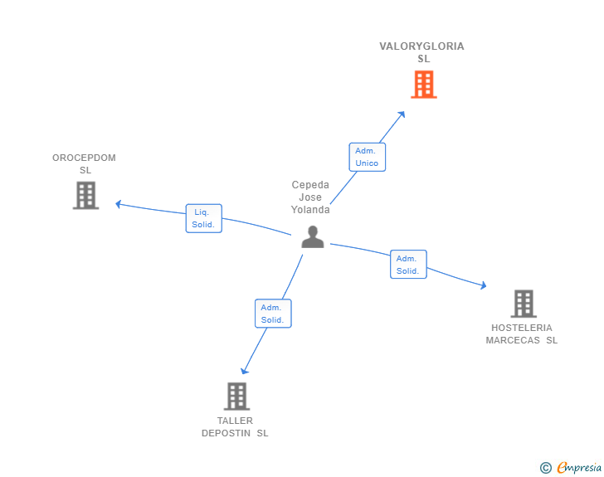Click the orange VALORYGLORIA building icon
[424, 85]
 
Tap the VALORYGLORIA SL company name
[422, 52]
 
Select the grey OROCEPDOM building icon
[85, 195]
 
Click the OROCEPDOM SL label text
[85, 163]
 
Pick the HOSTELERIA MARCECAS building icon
[523, 304]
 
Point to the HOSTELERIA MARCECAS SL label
[522, 333]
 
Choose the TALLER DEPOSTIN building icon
[236, 396]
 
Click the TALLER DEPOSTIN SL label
[236, 426]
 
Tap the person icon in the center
[312, 237]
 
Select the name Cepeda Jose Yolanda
[310, 197]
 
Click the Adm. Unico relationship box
[367, 157]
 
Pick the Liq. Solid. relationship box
[203, 218]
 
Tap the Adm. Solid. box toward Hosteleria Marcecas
[408, 265]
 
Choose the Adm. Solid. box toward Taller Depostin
[273, 314]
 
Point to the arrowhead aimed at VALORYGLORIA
[402, 114]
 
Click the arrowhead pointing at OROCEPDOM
[118, 203]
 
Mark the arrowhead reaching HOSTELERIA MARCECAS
[483, 287]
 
